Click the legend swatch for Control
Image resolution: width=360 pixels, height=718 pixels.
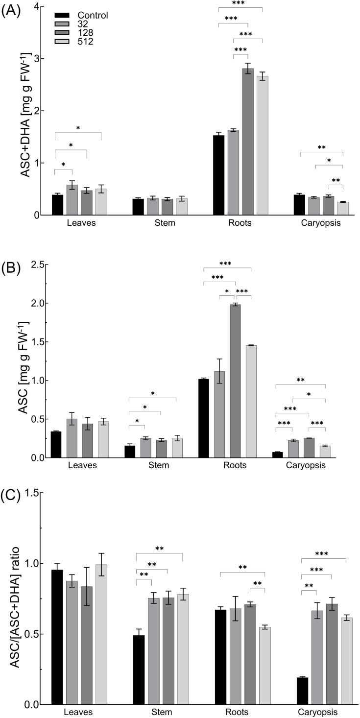click(x=61, y=15)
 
